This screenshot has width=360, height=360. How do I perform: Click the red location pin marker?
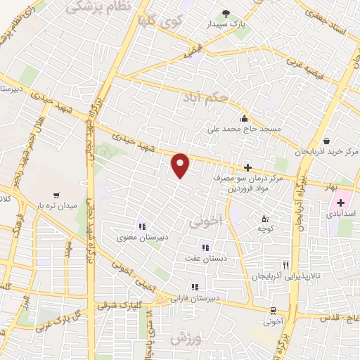click(x=181, y=165)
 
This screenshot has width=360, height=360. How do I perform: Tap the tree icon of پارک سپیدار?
click(x=226, y=13)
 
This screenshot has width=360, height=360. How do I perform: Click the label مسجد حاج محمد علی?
click(x=243, y=129)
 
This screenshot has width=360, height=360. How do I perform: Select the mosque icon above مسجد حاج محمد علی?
click(x=243, y=118)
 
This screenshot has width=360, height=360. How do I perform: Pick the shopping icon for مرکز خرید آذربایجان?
click(x=328, y=140)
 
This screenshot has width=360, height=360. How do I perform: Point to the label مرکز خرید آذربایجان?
click(x=333, y=152)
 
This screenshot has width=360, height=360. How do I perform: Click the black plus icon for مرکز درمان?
click(x=247, y=167)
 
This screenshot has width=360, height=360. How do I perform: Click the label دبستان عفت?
click(x=205, y=259)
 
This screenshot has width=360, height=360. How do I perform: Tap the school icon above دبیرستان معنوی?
click(x=142, y=226)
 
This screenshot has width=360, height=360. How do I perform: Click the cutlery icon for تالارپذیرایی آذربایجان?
click(x=285, y=265)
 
